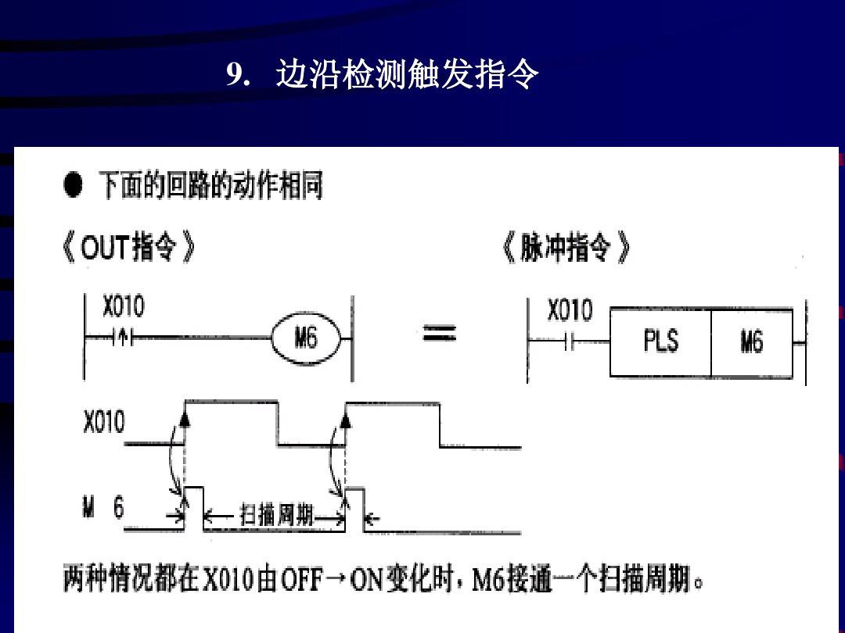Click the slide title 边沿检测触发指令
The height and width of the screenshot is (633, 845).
407,76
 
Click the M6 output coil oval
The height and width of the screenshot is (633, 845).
306,339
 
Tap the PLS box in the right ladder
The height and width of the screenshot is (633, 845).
660,342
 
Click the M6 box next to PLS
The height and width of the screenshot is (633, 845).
751,342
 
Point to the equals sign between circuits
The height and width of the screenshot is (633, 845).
440,335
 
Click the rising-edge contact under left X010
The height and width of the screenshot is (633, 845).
123,338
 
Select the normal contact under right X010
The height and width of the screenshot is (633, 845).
570,342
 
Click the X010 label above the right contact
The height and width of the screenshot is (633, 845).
570,312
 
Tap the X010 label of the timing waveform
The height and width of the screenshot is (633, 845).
103,423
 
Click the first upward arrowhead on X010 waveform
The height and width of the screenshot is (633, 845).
185,420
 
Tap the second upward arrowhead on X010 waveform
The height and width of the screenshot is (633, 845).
346,420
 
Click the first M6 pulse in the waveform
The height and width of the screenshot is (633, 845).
194,508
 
